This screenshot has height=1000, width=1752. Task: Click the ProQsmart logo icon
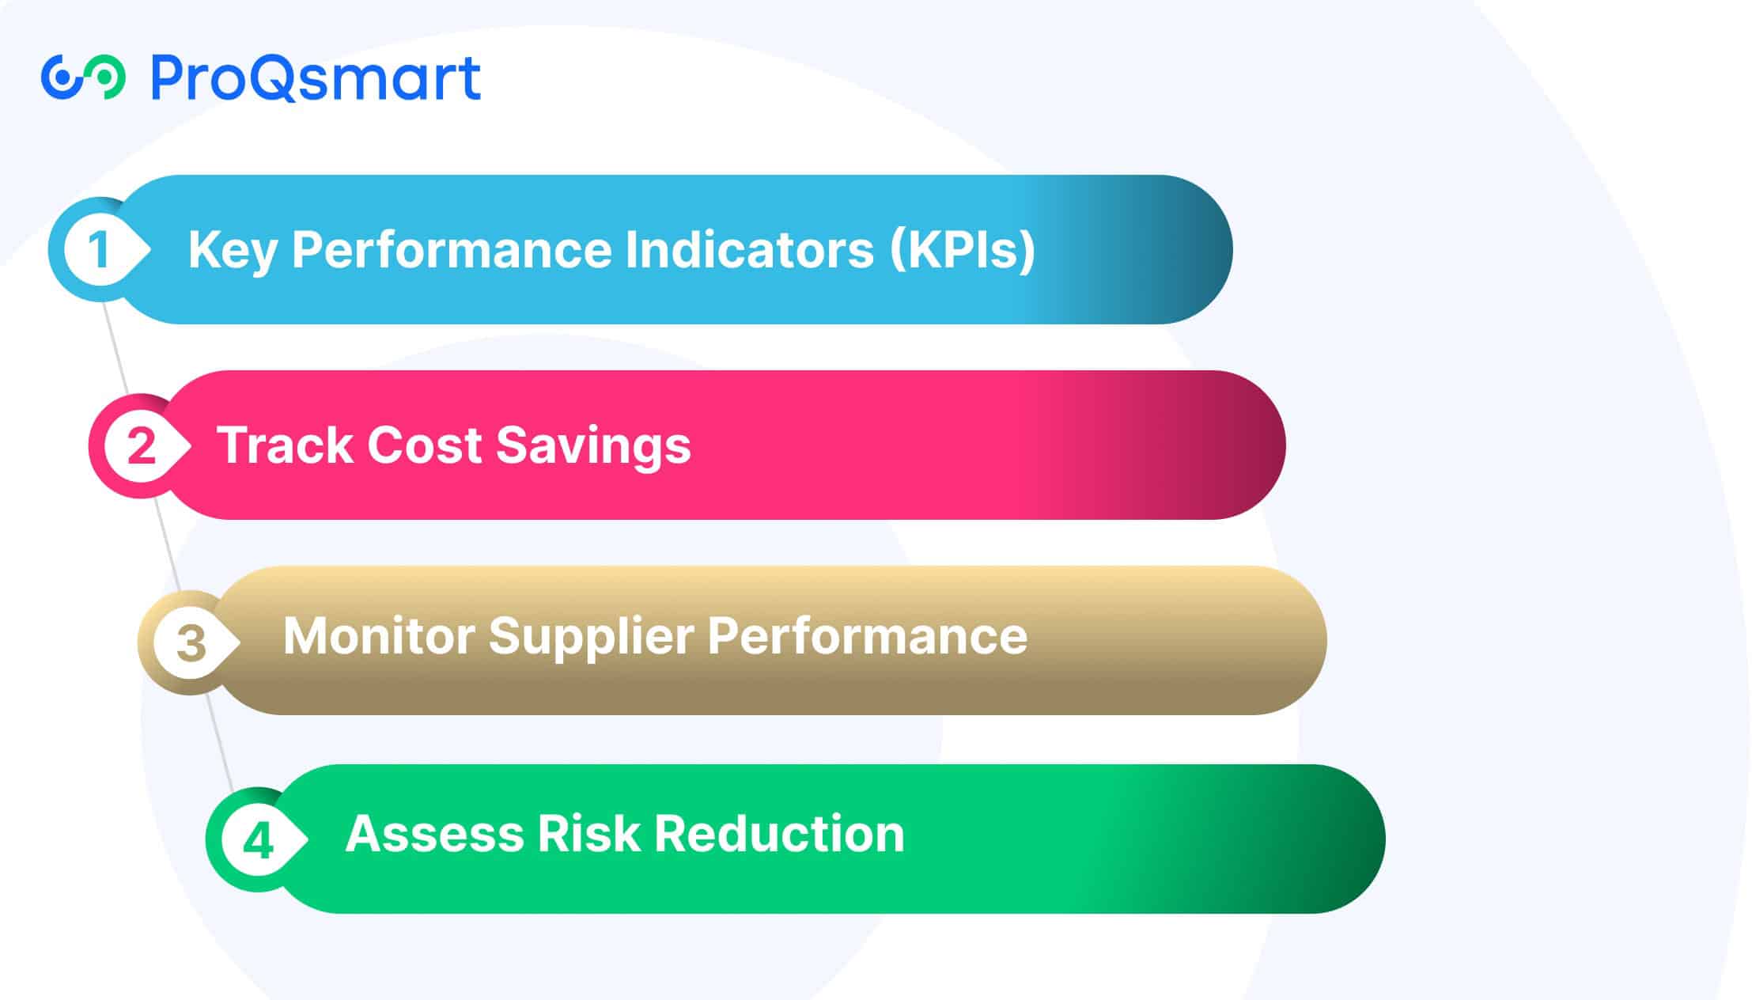click(x=83, y=78)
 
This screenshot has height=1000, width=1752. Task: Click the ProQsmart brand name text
click(x=315, y=78)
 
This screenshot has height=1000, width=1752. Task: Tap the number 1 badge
click(x=99, y=250)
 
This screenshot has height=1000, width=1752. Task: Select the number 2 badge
click(x=141, y=446)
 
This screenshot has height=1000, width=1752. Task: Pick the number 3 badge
click(x=191, y=642)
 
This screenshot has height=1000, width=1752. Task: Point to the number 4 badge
click(x=258, y=840)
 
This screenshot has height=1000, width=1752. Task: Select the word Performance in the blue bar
click(x=452, y=250)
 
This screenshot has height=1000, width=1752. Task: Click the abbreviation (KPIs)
click(x=962, y=250)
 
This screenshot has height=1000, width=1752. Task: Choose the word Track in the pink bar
click(x=285, y=445)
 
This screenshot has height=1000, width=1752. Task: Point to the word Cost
click(x=425, y=445)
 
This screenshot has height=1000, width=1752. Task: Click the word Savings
click(x=593, y=446)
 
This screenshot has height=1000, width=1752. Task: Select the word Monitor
click(x=378, y=636)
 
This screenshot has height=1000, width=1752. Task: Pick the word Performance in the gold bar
click(x=867, y=636)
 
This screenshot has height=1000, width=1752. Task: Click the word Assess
click(x=434, y=834)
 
